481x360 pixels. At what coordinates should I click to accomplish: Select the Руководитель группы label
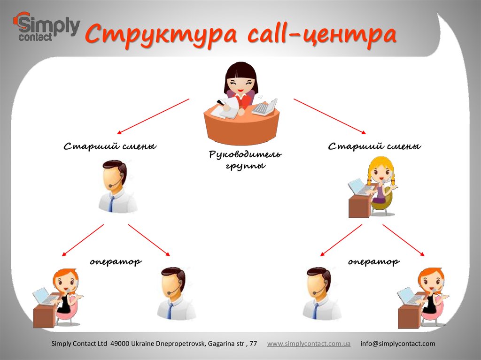coord(245,160)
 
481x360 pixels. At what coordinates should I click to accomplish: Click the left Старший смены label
coord(110,147)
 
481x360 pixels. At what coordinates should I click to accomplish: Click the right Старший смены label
coord(374,147)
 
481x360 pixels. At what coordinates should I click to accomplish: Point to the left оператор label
coord(116,261)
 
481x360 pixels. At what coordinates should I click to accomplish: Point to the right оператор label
coord(374,261)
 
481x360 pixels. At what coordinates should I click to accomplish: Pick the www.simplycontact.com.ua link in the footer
coord(309,344)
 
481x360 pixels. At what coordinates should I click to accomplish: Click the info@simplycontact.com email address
coord(397,344)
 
